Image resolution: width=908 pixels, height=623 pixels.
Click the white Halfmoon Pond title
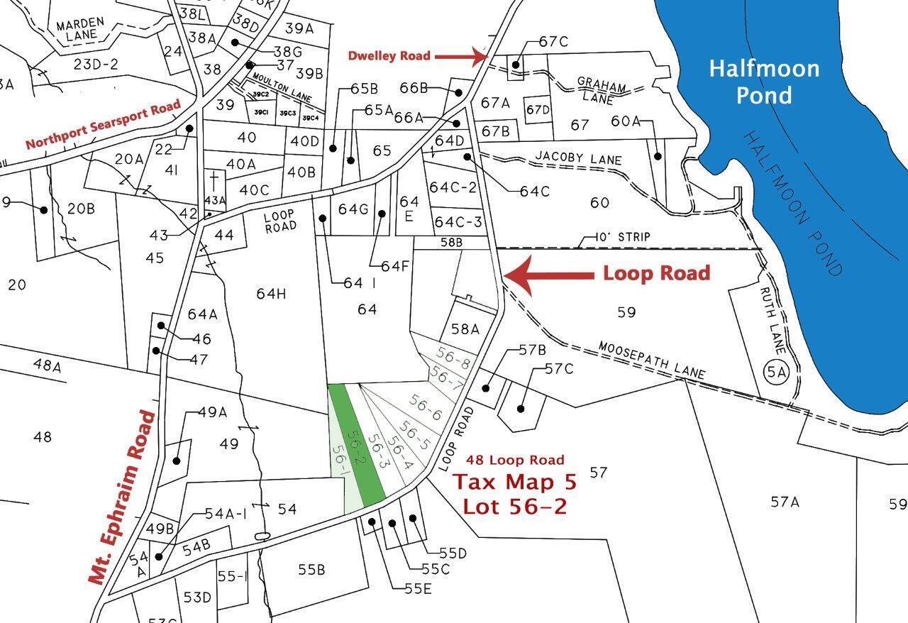764,81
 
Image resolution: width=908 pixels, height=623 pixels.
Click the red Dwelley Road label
389,55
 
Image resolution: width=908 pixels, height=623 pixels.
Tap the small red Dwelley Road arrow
460,55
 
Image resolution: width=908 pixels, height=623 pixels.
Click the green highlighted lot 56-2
357,443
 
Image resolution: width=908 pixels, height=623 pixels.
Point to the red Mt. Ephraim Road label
123,496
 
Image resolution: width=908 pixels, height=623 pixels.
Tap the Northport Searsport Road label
103,124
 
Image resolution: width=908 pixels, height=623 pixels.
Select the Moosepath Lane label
651,360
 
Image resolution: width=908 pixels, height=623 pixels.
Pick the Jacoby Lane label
579,158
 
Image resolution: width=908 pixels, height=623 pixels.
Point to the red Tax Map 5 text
515,482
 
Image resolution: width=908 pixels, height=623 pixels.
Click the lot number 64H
270,293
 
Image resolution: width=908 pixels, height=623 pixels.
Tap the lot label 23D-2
96,65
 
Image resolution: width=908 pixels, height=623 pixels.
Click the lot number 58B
451,243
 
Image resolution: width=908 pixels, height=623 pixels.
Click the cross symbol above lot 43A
214,178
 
